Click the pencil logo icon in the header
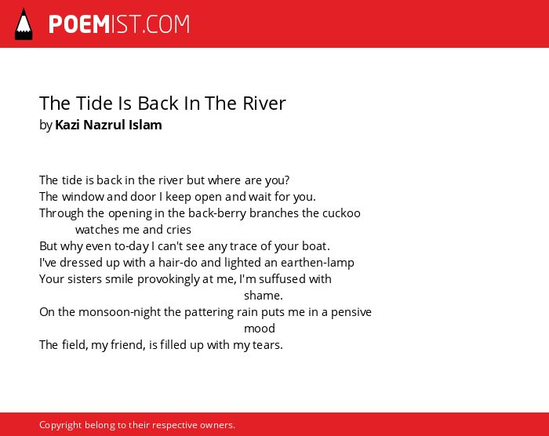click(x=24, y=24)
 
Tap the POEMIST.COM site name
click(x=119, y=24)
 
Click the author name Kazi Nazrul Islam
click(x=108, y=125)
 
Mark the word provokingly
click(x=169, y=279)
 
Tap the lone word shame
click(x=263, y=296)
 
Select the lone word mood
click(x=260, y=329)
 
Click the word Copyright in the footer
click(x=60, y=425)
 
